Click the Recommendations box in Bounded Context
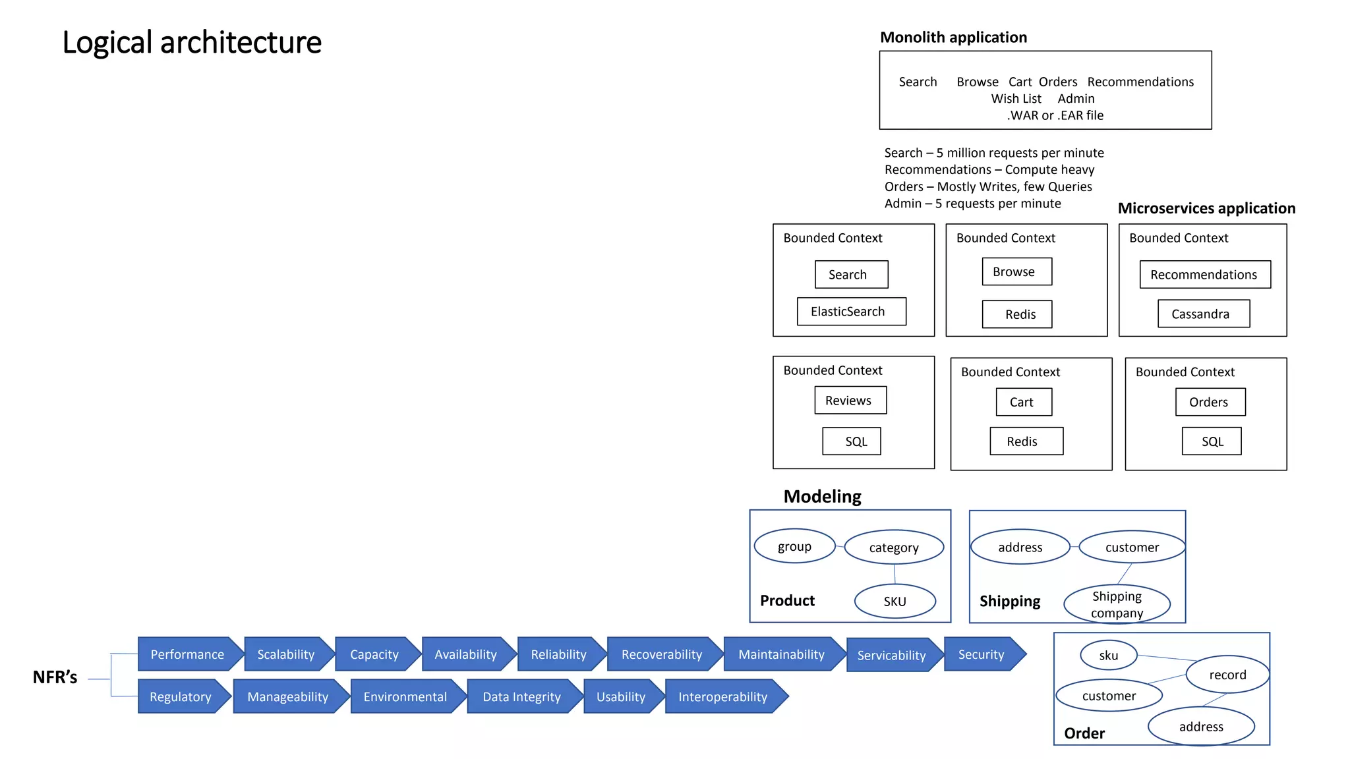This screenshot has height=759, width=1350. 1204,275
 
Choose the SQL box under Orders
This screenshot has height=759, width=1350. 1211,441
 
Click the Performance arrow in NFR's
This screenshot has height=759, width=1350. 188,654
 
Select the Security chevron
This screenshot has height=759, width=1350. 982,654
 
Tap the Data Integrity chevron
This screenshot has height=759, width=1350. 522,696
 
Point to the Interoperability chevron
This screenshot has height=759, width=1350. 724,696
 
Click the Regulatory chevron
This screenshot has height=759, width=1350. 181,696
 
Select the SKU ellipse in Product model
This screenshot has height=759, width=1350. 895,601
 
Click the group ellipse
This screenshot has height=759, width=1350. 794,546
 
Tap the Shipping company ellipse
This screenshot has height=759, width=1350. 1117,604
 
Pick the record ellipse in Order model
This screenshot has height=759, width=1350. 1227,675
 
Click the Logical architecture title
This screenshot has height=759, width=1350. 192,43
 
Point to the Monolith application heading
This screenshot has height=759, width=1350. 953,38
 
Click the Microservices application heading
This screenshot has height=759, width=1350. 1206,208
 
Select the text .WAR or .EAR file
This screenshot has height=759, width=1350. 1055,115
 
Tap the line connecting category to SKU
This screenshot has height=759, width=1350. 895,574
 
